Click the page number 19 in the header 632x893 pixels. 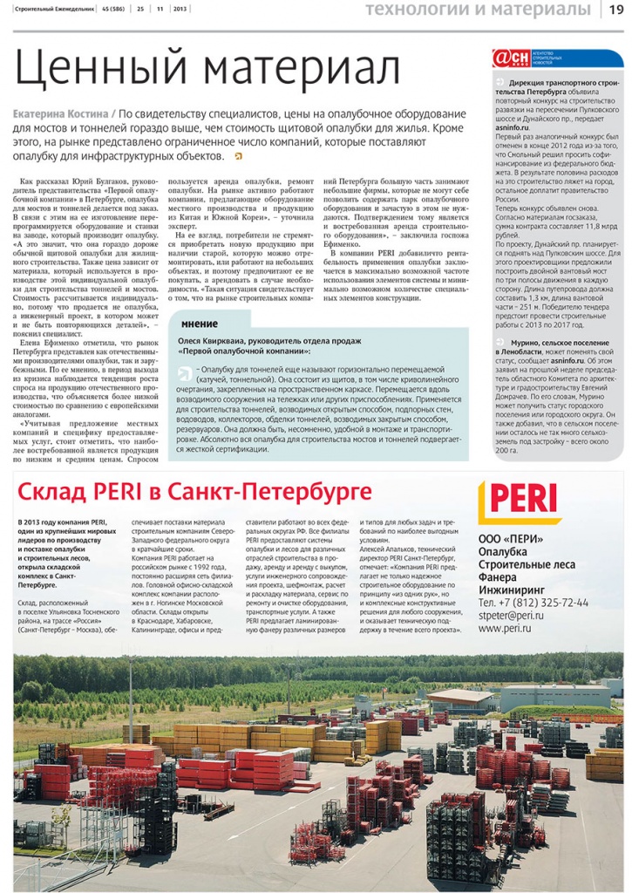tap(615, 10)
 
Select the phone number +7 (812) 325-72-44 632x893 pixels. tap(533, 603)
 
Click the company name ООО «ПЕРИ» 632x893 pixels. tap(512, 538)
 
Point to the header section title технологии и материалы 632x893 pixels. tap(478, 10)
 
